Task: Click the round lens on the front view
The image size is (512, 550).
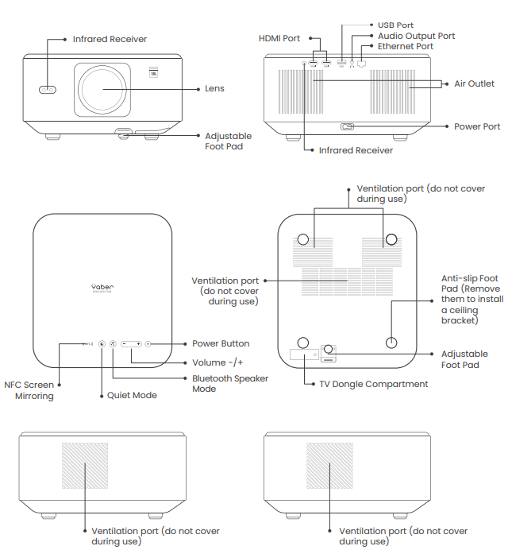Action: tap(109, 91)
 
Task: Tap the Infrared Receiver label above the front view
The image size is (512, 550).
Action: tap(110, 39)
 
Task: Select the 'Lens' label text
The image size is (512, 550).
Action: tap(214, 89)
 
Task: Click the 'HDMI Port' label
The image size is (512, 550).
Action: tap(279, 38)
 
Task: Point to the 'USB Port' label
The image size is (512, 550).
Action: tap(395, 25)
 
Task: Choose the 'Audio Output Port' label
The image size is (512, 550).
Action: tap(416, 36)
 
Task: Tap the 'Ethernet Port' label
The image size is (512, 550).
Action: tap(405, 46)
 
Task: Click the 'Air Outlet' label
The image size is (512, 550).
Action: tap(474, 83)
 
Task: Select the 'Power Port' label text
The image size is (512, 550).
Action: tap(476, 126)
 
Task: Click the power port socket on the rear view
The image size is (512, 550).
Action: tap(347, 126)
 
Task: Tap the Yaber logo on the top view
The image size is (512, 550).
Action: tap(102, 288)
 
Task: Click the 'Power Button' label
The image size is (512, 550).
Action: tap(221, 343)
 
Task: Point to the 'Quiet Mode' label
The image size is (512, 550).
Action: tap(132, 395)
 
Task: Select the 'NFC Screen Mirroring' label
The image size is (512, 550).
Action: tap(29, 390)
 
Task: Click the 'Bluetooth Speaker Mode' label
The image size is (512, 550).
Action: tap(230, 384)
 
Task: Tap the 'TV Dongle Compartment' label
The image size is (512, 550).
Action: tap(373, 384)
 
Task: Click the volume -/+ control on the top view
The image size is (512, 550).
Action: tap(132, 343)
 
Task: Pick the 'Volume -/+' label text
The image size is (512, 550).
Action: tap(218, 362)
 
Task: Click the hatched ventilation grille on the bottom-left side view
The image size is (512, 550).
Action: tap(84, 465)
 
